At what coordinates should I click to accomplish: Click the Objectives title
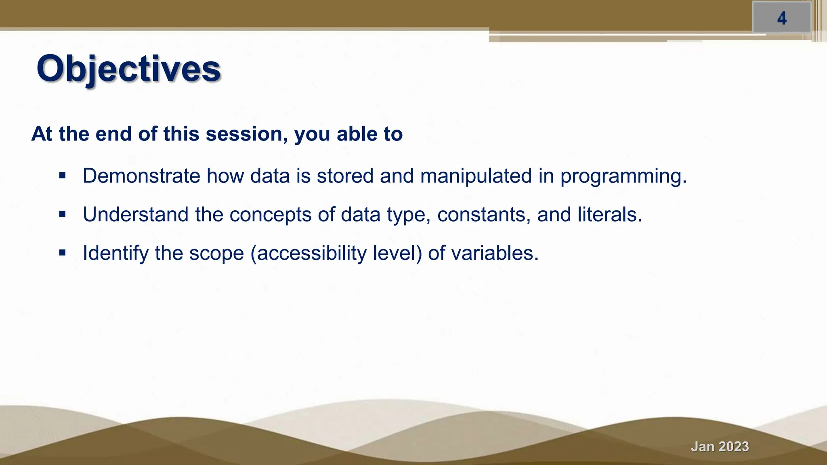coord(128,69)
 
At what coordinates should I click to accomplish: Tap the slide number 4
coord(782,18)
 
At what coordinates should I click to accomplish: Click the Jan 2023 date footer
coord(720,446)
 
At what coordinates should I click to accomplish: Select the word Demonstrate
coord(141,176)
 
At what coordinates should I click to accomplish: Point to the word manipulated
coord(476,176)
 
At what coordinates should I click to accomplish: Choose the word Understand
coord(136,214)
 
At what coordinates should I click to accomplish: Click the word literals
coord(609,214)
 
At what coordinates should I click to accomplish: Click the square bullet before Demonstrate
coord(62,176)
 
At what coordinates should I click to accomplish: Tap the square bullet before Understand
coord(62,214)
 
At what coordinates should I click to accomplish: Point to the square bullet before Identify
coord(62,253)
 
